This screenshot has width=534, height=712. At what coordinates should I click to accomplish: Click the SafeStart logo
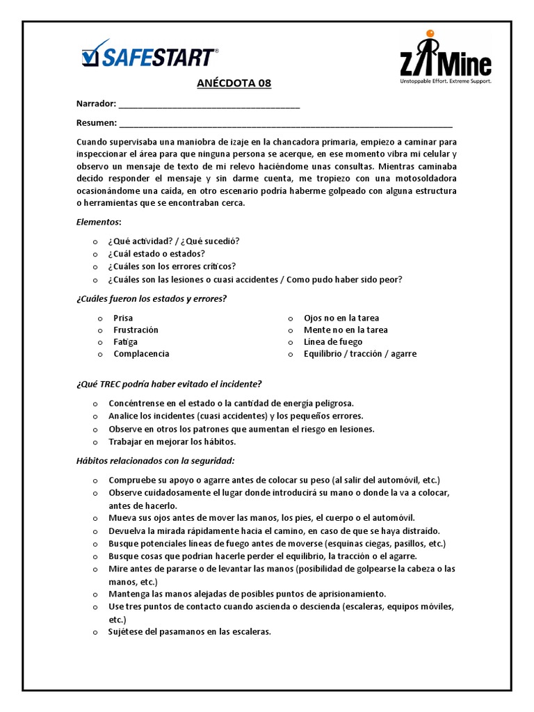(149, 55)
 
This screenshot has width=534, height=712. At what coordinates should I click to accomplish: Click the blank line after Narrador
(209, 104)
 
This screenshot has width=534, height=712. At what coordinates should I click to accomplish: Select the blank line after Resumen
(285, 124)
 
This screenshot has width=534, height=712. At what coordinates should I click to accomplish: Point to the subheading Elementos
(99, 222)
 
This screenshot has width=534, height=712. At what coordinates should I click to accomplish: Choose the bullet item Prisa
(122, 318)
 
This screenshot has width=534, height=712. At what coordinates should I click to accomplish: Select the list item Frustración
(136, 330)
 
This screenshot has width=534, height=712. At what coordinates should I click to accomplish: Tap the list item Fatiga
(125, 341)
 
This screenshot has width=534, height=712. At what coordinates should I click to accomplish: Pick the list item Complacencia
(141, 353)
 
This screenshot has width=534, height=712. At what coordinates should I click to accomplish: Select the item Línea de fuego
(333, 341)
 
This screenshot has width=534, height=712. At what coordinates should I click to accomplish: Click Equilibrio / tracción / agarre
(360, 353)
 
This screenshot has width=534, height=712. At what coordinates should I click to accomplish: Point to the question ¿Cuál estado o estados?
(156, 253)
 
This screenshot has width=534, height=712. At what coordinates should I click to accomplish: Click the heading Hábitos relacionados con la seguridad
(155, 460)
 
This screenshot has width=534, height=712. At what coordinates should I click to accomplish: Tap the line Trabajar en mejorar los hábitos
(172, 442)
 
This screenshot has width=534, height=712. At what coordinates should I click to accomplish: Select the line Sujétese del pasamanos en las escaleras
(189, 632)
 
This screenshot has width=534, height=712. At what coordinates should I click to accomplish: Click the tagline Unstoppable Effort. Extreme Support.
(444, 81)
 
